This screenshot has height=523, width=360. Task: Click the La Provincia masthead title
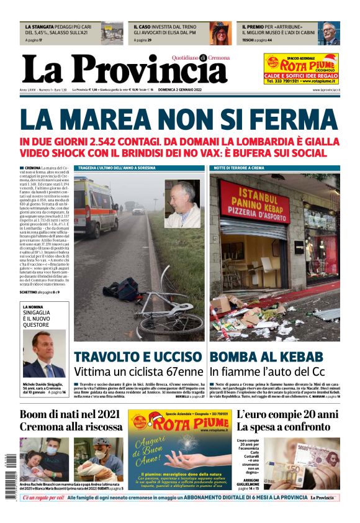(124, 69)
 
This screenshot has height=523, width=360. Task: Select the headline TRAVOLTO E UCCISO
(138, 357)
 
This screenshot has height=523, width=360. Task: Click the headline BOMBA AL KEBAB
(266, 357)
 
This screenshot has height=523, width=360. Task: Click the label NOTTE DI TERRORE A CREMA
(240, 168)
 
